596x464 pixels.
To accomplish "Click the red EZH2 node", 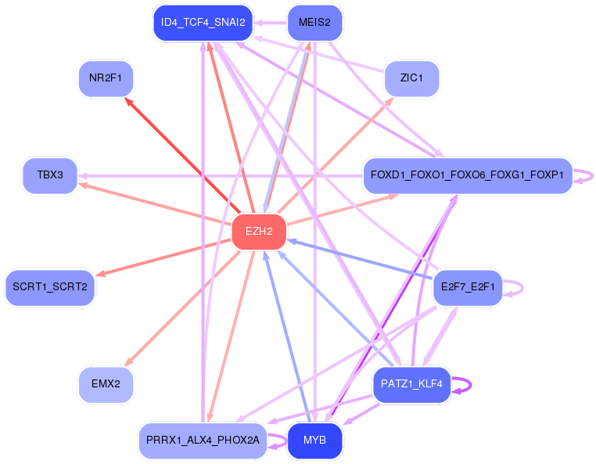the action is coord(259,232).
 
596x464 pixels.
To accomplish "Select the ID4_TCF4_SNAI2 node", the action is coord(203,23).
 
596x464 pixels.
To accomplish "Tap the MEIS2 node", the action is coord(314,23).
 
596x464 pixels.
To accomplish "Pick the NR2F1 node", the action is coord(106,78).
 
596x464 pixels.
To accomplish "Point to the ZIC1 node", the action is coord(411,78).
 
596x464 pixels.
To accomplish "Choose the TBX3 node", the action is coord(50,175).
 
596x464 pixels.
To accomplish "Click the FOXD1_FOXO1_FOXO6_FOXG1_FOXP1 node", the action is coord(468,175).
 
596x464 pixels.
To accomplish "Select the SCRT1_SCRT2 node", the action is coord(50,287).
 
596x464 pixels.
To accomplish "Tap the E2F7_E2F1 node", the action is coord(468,287).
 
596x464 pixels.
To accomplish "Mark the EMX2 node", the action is coord(106,384).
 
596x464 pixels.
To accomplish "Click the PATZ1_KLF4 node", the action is coord(411,384).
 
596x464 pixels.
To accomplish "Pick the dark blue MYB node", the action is coord(314,441).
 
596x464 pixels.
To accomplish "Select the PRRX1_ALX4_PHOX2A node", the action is coord(203,441).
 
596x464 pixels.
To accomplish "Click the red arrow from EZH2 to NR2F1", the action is coord(182,156).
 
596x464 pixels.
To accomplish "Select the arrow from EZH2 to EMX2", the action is coord(182,308).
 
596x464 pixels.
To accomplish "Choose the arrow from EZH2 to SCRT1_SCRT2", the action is coord(163,257).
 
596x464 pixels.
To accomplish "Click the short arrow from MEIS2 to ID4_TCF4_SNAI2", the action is coord(271,23).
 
